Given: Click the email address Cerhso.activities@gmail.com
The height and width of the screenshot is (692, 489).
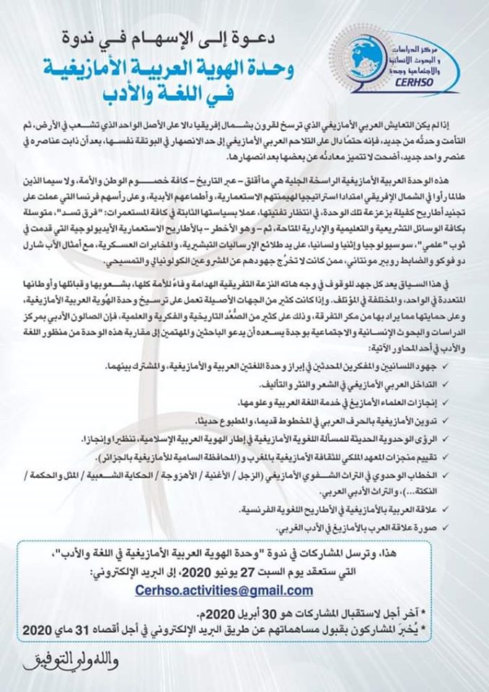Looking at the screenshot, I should click(224, 590).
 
